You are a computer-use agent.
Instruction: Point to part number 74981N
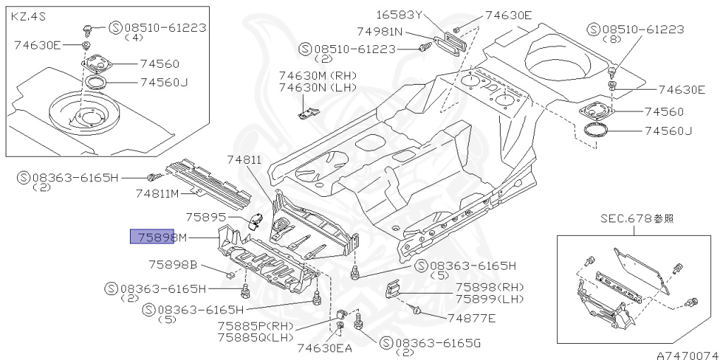(380, 31)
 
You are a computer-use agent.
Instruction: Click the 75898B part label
(173, 265)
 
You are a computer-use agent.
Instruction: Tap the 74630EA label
(324, 347)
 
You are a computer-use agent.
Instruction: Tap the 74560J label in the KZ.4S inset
(165, 82)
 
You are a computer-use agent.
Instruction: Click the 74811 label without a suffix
(244, 160)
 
